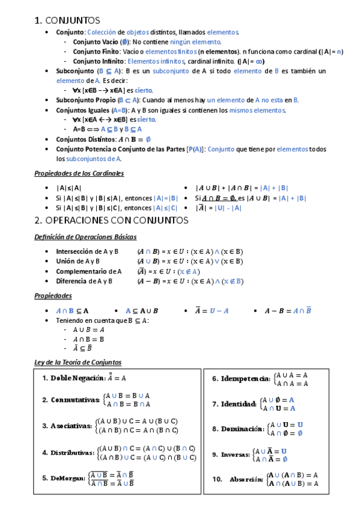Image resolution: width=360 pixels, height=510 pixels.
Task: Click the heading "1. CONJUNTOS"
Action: tap(68, 21)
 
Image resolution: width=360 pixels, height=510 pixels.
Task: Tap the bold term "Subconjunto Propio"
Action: tap(85, 100)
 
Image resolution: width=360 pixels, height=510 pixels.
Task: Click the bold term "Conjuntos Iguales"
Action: tap(83, 110)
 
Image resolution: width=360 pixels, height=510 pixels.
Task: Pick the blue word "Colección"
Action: tap(102, 32)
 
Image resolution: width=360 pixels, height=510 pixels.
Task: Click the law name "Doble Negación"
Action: tap(75, 378)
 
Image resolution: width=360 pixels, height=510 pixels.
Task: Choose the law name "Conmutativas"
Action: tap(75, 400)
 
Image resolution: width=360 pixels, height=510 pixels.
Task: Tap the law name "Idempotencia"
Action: tap(246, 379)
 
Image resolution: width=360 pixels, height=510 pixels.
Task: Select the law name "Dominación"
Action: tap(242, 429)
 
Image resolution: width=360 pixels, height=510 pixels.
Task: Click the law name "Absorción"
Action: tap(246, 479)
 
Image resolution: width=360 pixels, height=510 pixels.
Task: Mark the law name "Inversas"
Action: tap(235, 455)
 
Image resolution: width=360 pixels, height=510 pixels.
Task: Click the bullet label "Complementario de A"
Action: tap(88, 271)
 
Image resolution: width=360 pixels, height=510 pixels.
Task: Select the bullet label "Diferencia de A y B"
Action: tap(84, 281)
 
